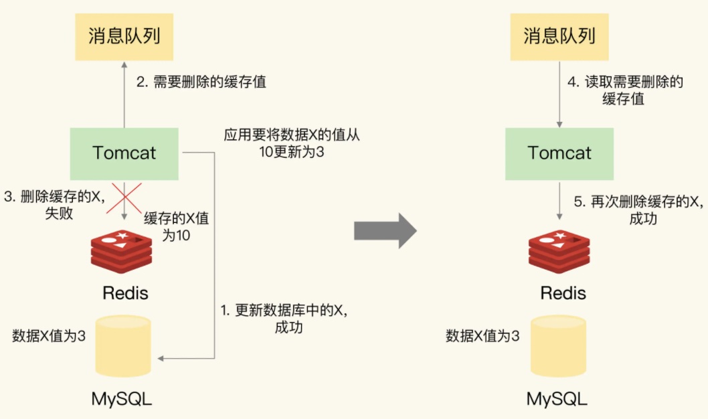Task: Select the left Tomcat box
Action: [124, 153]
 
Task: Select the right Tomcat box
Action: [559, 153]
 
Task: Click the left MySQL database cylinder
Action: [124, 347]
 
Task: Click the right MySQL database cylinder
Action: [559, 347]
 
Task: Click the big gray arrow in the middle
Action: [385, 231]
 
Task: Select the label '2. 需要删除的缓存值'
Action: [201, 82]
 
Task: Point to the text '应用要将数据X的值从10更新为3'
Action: [292, 143]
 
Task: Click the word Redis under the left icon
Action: [125, 293]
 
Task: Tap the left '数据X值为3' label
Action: [49, 336]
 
